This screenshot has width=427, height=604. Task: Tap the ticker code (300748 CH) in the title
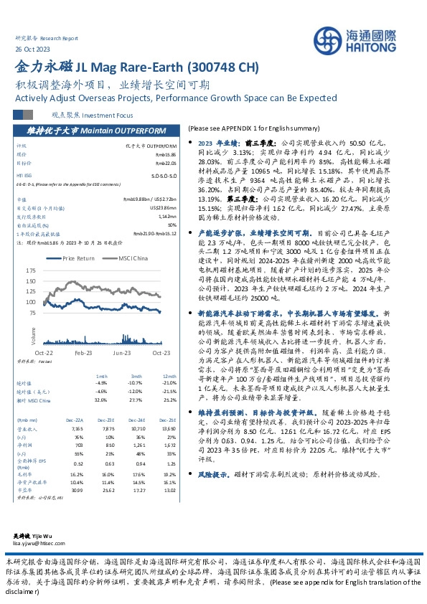pos(222,68)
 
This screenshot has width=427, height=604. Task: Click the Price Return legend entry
pos(78,258)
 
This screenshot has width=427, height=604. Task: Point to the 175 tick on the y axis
pos(30,270)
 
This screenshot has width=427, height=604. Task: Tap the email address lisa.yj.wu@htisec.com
pos(40,543)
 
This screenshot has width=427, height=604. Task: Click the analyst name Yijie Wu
pos(51,535)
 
